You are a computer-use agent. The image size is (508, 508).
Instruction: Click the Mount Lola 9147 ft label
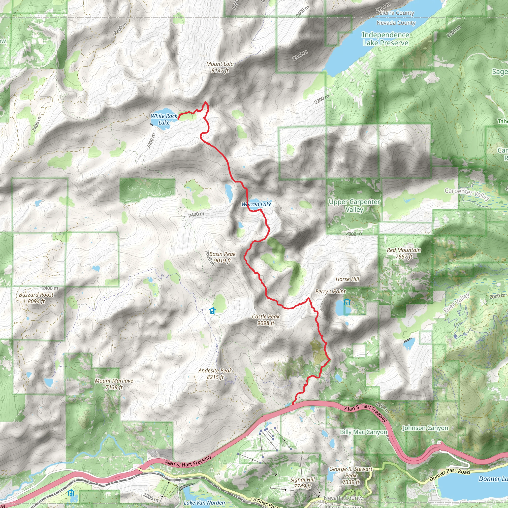tap(220, 67)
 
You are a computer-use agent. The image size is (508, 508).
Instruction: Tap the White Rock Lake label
tap(164, 119)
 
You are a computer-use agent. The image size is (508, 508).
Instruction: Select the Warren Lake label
tap(256, 204)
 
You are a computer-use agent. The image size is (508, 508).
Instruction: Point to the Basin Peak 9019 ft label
tap(222, 257)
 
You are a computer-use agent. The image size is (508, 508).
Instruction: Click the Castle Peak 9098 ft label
tap(266, 320)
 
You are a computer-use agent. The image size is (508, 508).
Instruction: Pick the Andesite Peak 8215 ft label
tap(215, 374)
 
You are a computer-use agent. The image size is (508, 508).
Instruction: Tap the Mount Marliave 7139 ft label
tap(114, 384)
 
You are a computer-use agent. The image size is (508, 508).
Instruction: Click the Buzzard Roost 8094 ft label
tap(36, 298)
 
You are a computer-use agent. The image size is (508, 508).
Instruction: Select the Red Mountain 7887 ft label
tap(404, 253)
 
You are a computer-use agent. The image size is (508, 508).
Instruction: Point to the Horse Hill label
tap(347, 279)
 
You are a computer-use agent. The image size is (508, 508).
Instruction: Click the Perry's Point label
tap(330, 291)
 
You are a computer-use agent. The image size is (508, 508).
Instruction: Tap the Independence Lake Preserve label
tap(385, 39)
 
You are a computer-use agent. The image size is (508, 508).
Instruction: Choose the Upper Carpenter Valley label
tap(354, 206)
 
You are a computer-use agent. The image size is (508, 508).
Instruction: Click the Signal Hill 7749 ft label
tap(302, 483)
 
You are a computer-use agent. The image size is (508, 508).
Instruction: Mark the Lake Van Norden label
tap(204, 503)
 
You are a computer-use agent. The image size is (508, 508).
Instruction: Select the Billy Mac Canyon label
tap(363, 432)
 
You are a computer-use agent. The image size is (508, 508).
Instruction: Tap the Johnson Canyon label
tap(425, 428)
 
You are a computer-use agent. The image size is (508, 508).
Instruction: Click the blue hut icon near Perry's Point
tap(347, 302)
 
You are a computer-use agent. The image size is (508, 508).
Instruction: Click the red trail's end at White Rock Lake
tap(179, 119)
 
